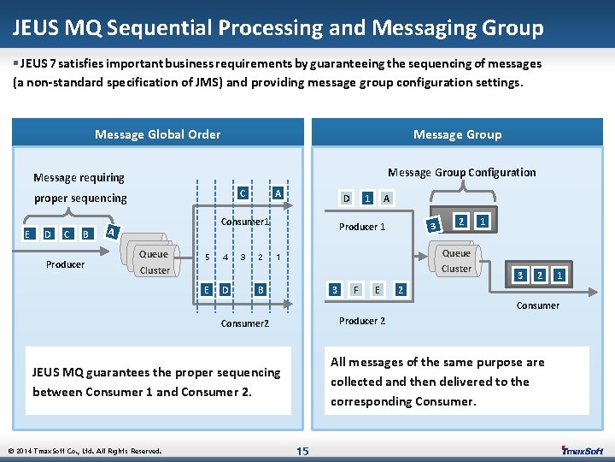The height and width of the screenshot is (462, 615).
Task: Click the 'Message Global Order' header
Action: click(x=157, y=134)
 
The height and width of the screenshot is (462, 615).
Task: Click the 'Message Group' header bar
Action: click(x=457, y=134)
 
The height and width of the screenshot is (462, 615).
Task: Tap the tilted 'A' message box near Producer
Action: click(x=112, y=230)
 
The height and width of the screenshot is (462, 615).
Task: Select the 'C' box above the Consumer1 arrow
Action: click(x=243, y=193)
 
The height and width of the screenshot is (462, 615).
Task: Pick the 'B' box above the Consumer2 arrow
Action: click(x=260, y=289)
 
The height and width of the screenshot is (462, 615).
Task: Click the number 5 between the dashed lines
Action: click(x=206, y=258)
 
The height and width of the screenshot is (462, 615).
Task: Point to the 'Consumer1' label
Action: click(x=245, y=222)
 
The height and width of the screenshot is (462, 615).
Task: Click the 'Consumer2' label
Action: click(x=244, y=324)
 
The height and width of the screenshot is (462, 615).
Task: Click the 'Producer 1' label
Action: click(x=362, y=227)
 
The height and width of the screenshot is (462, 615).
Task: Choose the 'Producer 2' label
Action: click(x=362, y=321)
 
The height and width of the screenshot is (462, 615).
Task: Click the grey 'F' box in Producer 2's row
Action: click(x=355, y=289)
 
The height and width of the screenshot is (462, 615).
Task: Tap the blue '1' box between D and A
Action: click(x=366, y=198)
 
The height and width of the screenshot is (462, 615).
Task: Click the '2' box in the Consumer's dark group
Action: click(x=540, y=275)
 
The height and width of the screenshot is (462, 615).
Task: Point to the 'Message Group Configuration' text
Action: click(x=461, y=172)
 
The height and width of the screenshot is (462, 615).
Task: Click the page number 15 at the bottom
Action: click(x=302, y=451)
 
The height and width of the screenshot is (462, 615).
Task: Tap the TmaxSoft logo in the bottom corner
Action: click(x=582, y=450)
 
